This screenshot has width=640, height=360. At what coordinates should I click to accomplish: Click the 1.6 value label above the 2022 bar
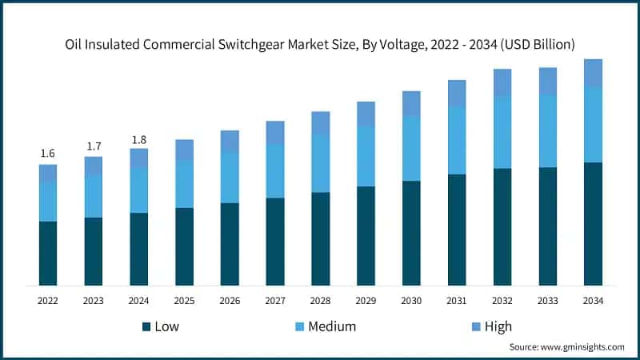click(47, 154)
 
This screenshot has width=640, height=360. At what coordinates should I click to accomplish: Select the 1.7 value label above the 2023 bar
click(94, 146)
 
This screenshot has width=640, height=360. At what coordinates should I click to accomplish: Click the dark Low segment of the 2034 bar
click(593, 224)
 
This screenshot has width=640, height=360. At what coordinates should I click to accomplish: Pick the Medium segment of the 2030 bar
click(411, 148)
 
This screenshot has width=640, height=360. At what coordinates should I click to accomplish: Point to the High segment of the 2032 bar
click(502, 82)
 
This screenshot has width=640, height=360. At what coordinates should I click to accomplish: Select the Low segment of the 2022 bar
click(48, 253)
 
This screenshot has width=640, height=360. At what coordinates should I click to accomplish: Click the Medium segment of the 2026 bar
click(230, 178)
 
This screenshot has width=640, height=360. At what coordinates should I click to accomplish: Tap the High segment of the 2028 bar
click(320, 122)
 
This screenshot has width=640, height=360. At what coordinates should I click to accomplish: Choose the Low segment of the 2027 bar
click(275, 242)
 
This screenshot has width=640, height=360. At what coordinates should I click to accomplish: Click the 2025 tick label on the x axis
click(184, 300)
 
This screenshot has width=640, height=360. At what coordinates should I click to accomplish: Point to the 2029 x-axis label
click(366, 300)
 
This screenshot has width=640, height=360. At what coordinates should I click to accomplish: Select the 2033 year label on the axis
click(547, 300)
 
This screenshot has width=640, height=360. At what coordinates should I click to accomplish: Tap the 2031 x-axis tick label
click(457, 300)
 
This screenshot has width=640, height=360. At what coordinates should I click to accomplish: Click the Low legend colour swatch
click(146, 326)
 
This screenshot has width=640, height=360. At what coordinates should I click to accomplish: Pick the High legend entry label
click(498, 326)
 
